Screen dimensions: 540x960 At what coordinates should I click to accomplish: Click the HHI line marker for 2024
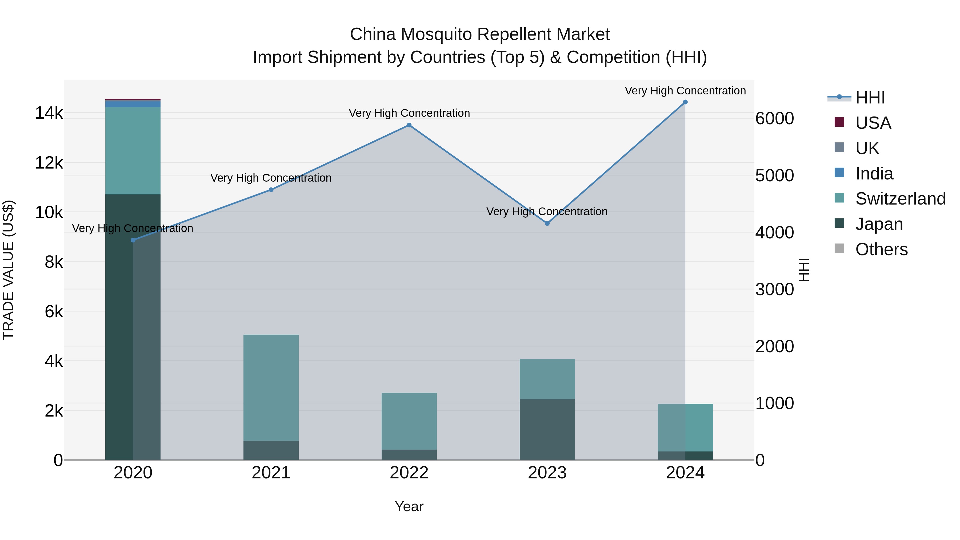685,102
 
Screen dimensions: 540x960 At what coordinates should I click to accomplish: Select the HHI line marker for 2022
409,125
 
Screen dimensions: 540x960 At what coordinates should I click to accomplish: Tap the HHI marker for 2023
547,223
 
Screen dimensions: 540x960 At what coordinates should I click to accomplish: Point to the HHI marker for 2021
271,190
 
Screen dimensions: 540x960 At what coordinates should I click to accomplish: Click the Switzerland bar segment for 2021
271,387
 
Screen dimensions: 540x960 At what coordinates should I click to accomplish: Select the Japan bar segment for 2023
547,429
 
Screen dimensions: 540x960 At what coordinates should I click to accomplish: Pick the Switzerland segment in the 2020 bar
133,151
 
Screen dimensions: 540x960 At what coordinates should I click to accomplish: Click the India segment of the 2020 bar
133,104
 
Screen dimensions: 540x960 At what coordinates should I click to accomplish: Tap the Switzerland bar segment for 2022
409,421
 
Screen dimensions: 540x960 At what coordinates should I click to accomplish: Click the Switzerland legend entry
900,199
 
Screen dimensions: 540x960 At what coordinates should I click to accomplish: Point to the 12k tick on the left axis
49,163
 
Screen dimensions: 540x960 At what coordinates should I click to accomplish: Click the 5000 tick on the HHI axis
774,175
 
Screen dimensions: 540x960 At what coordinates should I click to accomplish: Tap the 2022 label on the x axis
409,473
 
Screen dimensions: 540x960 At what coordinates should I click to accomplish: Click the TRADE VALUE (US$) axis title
8,270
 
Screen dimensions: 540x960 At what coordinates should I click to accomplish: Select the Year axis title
409,506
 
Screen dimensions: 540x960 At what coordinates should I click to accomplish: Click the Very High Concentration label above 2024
685,91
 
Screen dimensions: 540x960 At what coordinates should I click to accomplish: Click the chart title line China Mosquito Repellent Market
480,34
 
